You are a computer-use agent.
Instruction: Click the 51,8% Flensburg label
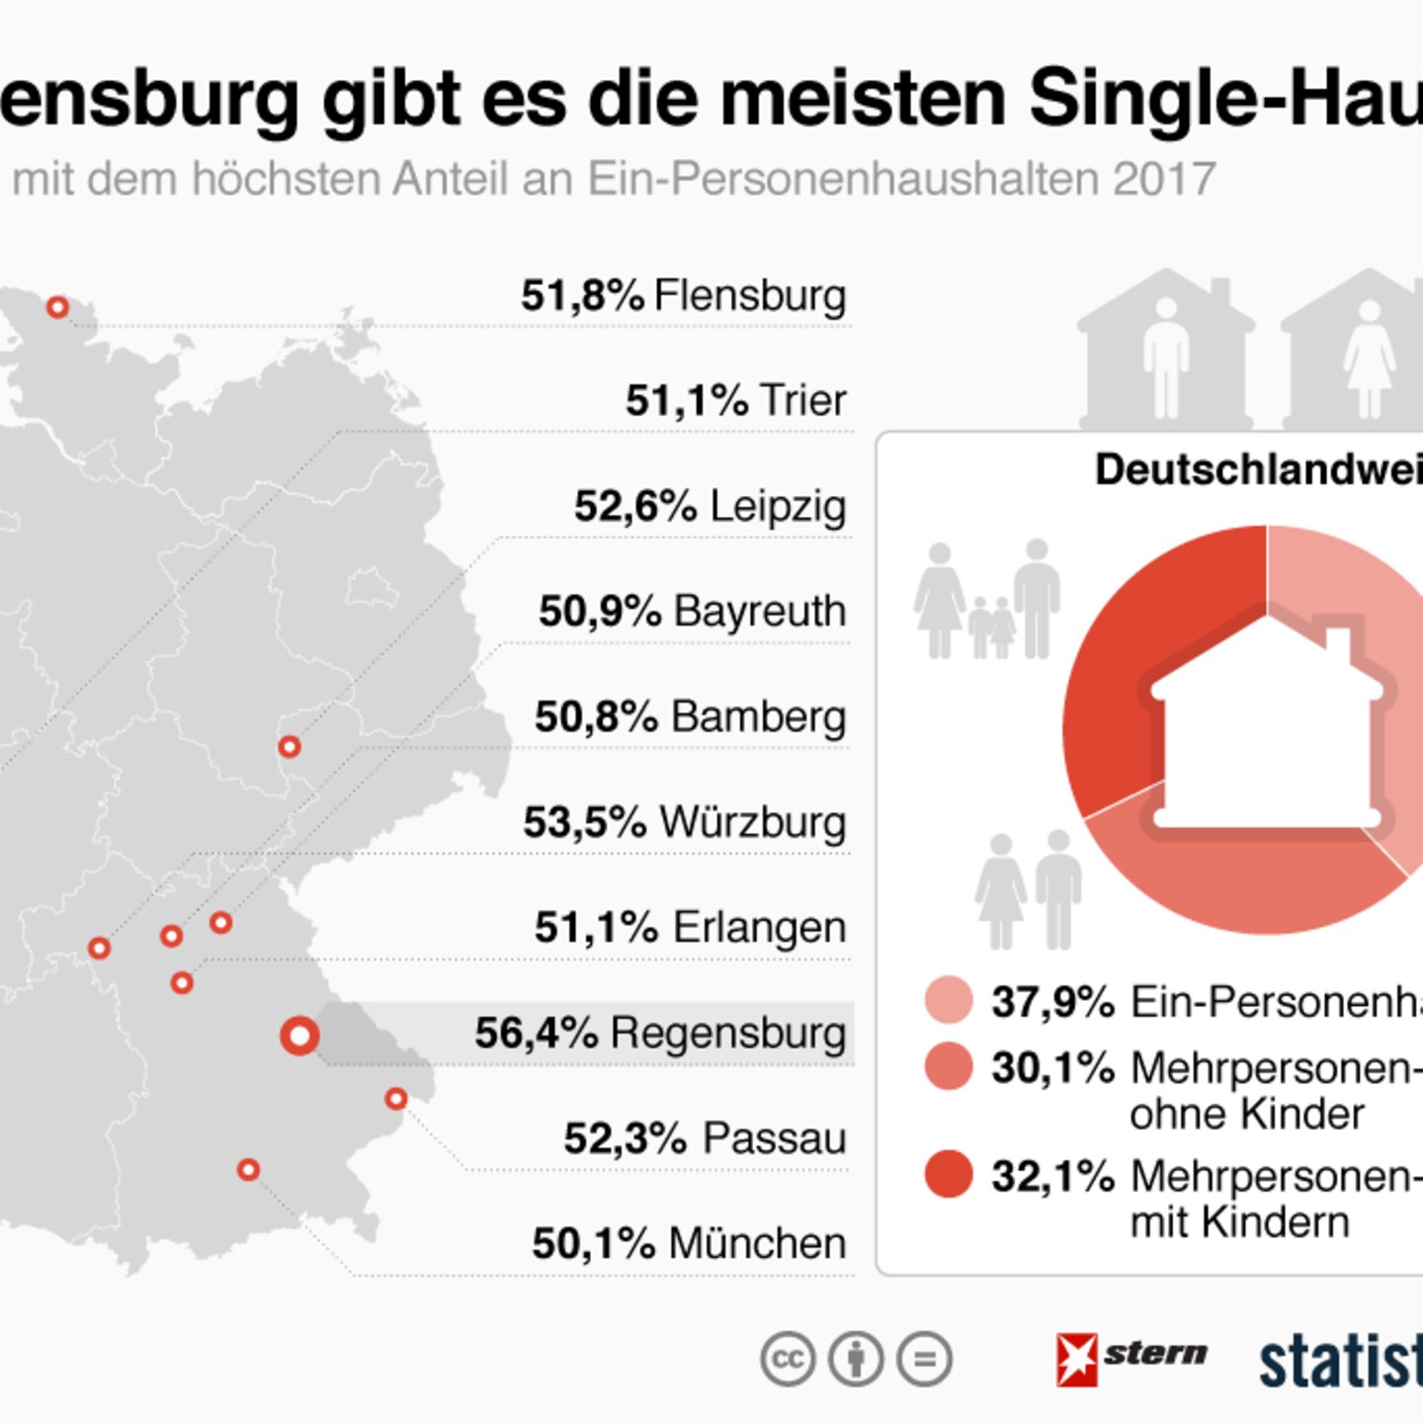pos(683,295)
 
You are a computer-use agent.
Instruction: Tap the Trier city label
pos(802,400)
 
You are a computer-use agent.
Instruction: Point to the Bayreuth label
pos(760,611)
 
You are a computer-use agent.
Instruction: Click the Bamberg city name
pos(759,716)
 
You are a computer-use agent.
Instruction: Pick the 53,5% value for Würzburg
pos(584,822)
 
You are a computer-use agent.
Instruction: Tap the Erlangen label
pos(759,927)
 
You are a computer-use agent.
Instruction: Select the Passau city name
pos(775,1138)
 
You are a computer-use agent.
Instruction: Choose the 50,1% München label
pos(689,1243)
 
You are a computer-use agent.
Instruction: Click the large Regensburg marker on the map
pos(299,1036)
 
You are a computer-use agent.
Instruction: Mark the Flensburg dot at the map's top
pos(58,307)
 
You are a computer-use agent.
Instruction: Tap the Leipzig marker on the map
pos(289,747)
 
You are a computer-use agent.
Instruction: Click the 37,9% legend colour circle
pos(949,1000)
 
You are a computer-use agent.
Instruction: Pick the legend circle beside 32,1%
pos(949,1174)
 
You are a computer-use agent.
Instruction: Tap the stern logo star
pos(1076,1359)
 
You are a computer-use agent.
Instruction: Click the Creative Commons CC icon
pos(788,1359)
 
